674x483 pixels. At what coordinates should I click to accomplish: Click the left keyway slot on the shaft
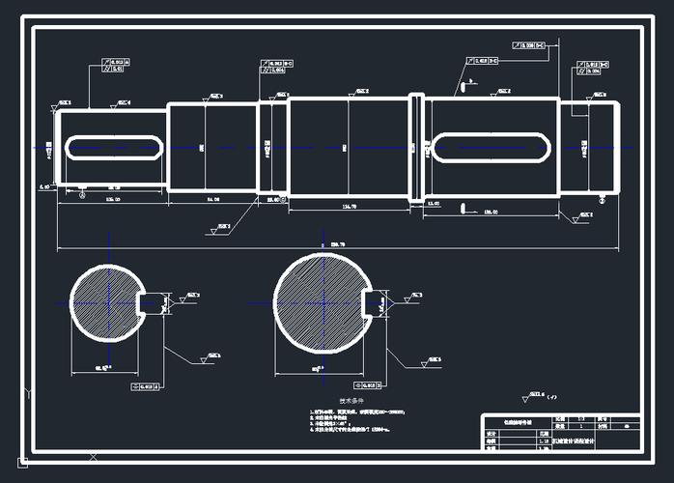point(113,148)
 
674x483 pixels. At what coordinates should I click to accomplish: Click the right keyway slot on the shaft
point(492,148)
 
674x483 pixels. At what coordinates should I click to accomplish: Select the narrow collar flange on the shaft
point(416,148)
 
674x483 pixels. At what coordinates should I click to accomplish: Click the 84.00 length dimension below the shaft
point(212,198)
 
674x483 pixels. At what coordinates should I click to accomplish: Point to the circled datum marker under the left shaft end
point(83,195)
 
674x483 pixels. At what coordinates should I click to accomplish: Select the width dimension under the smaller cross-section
point(100,368)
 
